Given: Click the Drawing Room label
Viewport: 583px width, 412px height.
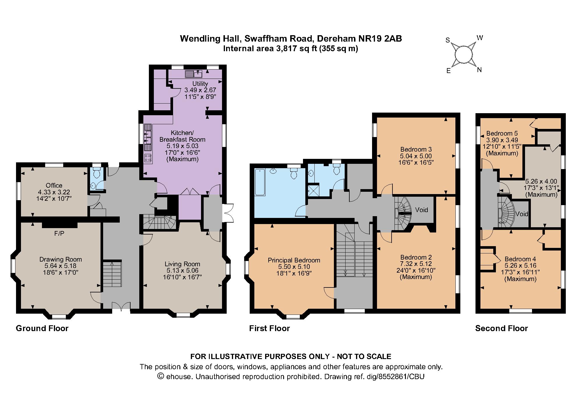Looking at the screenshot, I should click(x=61, y=259).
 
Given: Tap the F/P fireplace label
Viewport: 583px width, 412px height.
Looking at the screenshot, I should click(x=59, y=233).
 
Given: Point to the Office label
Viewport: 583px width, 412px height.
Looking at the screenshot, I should click(x=54, y=185).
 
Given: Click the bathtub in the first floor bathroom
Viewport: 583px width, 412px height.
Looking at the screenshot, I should click(x=260, y=182).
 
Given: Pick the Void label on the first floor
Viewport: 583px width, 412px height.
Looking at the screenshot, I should click(x=421, y=210).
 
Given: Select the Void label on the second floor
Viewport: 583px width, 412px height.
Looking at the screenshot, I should click(x=522, y=214).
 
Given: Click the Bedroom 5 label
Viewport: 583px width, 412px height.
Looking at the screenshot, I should click(x=502, y=134).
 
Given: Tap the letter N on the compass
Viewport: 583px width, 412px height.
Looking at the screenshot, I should click(x=479, y=70).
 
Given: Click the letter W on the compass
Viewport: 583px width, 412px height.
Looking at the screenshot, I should click(x=480, y=38).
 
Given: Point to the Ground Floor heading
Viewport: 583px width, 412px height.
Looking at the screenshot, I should click(x=42, y=328).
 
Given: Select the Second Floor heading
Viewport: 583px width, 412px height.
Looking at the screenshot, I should click(x=501, y=328).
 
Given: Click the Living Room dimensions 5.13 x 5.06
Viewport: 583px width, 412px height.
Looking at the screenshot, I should click(x=182, y=270).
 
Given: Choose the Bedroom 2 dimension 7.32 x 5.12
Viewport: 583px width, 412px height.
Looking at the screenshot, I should click(x=416, y=264).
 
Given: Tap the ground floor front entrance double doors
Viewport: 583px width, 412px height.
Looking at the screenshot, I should click(x=121, y=306).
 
